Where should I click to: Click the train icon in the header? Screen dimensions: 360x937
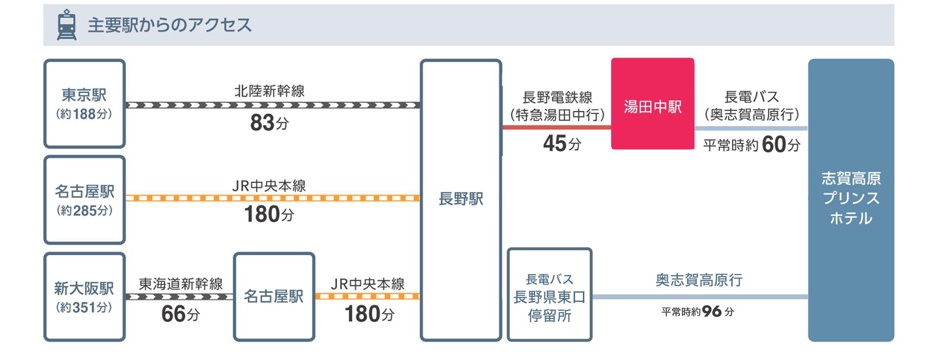66,25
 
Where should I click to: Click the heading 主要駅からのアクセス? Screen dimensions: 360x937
169,25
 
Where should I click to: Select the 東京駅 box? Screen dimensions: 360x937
84,103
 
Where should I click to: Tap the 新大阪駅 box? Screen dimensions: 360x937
84,297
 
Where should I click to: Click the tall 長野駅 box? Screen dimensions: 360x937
460,200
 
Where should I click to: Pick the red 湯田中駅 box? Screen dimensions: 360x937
652,104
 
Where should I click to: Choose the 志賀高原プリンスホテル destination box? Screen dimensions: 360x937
851,200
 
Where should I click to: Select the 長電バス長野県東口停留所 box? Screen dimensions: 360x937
549,295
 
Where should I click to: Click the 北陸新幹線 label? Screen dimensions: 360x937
269,91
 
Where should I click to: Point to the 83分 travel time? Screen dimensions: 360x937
269,123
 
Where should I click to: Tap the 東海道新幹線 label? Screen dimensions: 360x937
180,284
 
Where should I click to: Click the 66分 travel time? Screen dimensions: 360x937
180,314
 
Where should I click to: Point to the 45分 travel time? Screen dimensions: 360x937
562,143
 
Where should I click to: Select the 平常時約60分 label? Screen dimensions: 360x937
751,145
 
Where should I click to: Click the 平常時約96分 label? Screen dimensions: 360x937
698,312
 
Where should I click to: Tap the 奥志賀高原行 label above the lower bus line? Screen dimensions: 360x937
698,280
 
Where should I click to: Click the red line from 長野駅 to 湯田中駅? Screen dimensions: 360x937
556,128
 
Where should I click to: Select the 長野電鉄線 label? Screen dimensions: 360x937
557,98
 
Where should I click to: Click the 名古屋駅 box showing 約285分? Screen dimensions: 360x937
84,200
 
